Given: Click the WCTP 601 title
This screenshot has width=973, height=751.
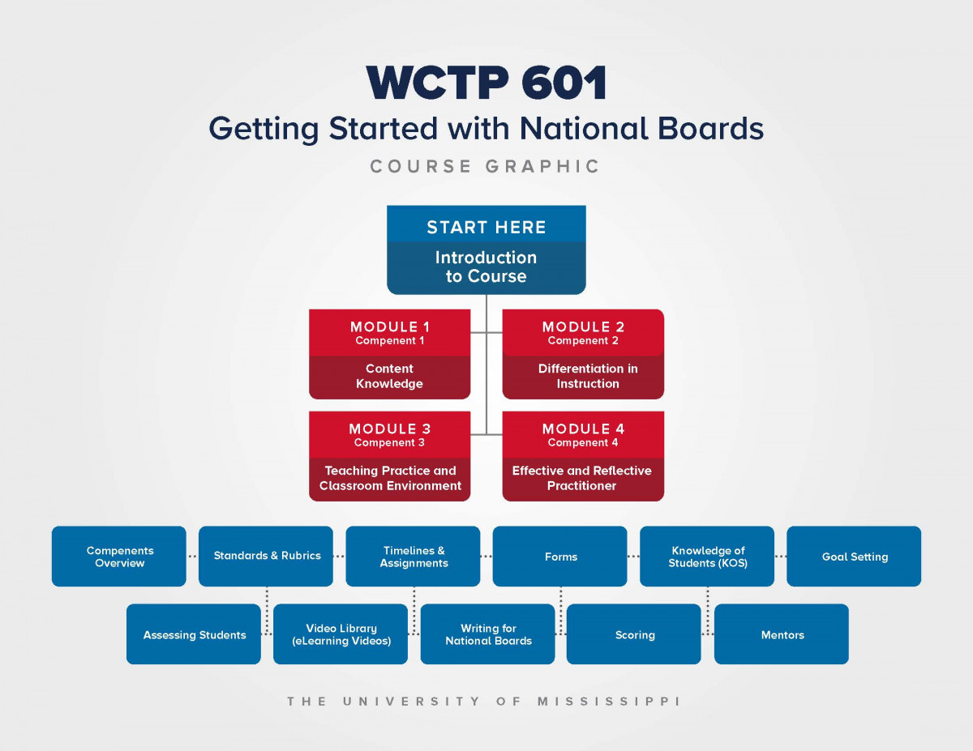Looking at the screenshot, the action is (x=486, y=83).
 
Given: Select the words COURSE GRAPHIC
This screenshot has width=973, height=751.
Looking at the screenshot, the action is (x=486, y=166).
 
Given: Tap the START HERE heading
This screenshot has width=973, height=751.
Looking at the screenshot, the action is (x=486, y=227).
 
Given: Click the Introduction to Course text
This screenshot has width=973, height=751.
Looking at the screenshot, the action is (x=486, y=267).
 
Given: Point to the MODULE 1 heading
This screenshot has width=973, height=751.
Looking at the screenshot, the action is (x=390, y=327).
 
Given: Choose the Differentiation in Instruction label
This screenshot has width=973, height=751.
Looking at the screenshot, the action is (x=588, y=376).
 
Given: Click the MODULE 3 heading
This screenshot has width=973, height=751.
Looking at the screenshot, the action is (x=390, y=429).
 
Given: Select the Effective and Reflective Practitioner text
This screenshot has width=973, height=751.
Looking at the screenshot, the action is (x=582, y=478).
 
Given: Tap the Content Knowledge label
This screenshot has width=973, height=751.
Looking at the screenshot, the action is (x=389, y=376).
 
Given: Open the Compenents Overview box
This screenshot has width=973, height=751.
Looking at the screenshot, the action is (x=119, y=557).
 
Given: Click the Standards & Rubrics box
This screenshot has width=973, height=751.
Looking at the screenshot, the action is (x=266, y=557).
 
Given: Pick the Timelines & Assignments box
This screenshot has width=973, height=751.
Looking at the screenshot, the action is (x=413, y=557).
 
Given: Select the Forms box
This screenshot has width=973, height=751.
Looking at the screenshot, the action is (x=560, y=557).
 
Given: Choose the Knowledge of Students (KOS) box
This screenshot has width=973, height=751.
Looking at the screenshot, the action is (x=707, y=557).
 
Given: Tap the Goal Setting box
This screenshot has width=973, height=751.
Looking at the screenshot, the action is (x=854, y=557).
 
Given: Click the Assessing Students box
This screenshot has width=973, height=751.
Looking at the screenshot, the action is (x=194, y=634).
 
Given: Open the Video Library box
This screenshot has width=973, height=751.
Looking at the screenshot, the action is (x=341, y=634).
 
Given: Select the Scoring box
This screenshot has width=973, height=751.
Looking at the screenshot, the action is (x=634, y=634).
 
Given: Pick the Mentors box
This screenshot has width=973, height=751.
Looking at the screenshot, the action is (x=782, y=634).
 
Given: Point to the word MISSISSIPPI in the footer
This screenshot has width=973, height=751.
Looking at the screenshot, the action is (x=608, y=701).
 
